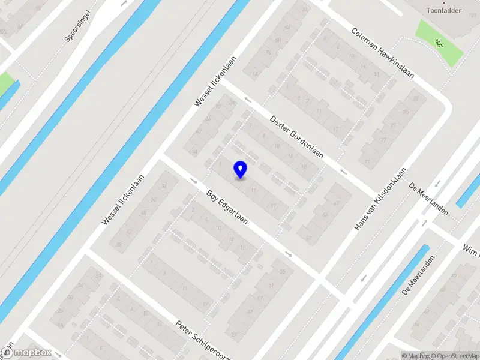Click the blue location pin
241,170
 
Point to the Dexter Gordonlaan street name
296,137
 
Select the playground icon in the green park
439,43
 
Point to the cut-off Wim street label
472,249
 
